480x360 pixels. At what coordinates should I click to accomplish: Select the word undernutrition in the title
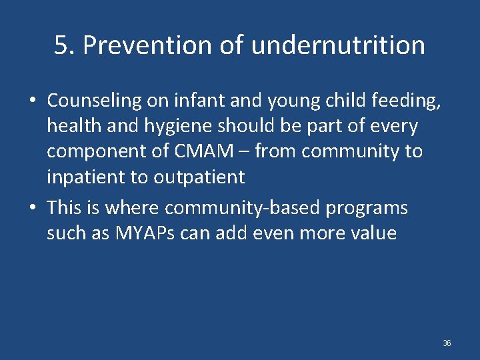pos(338,45)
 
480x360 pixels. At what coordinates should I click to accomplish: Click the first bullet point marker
pos(32,101)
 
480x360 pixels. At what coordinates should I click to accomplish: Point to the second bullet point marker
pos(32,209)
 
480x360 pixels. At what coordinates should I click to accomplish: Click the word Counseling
pos(95,101)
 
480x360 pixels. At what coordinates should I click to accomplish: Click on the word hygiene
pos(173,126)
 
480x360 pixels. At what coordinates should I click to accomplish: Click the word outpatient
pos(200,177)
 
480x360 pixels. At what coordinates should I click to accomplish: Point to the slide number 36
pos(447,343)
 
